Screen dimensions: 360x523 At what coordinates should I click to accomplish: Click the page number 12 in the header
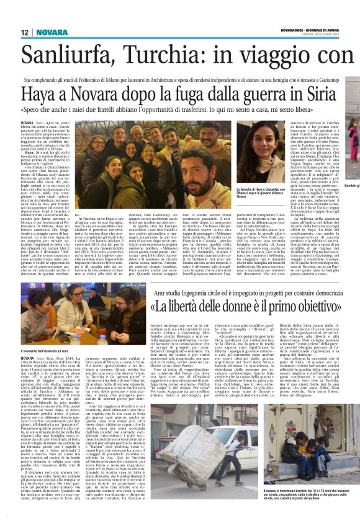(x=24, y=32)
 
